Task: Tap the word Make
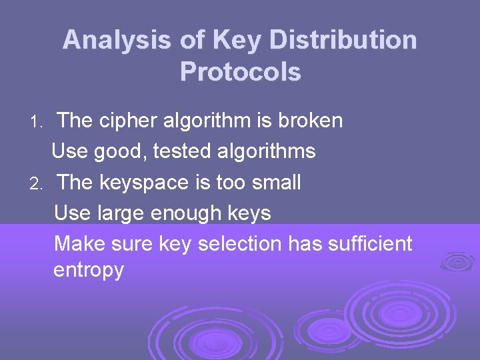coord(77,243)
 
